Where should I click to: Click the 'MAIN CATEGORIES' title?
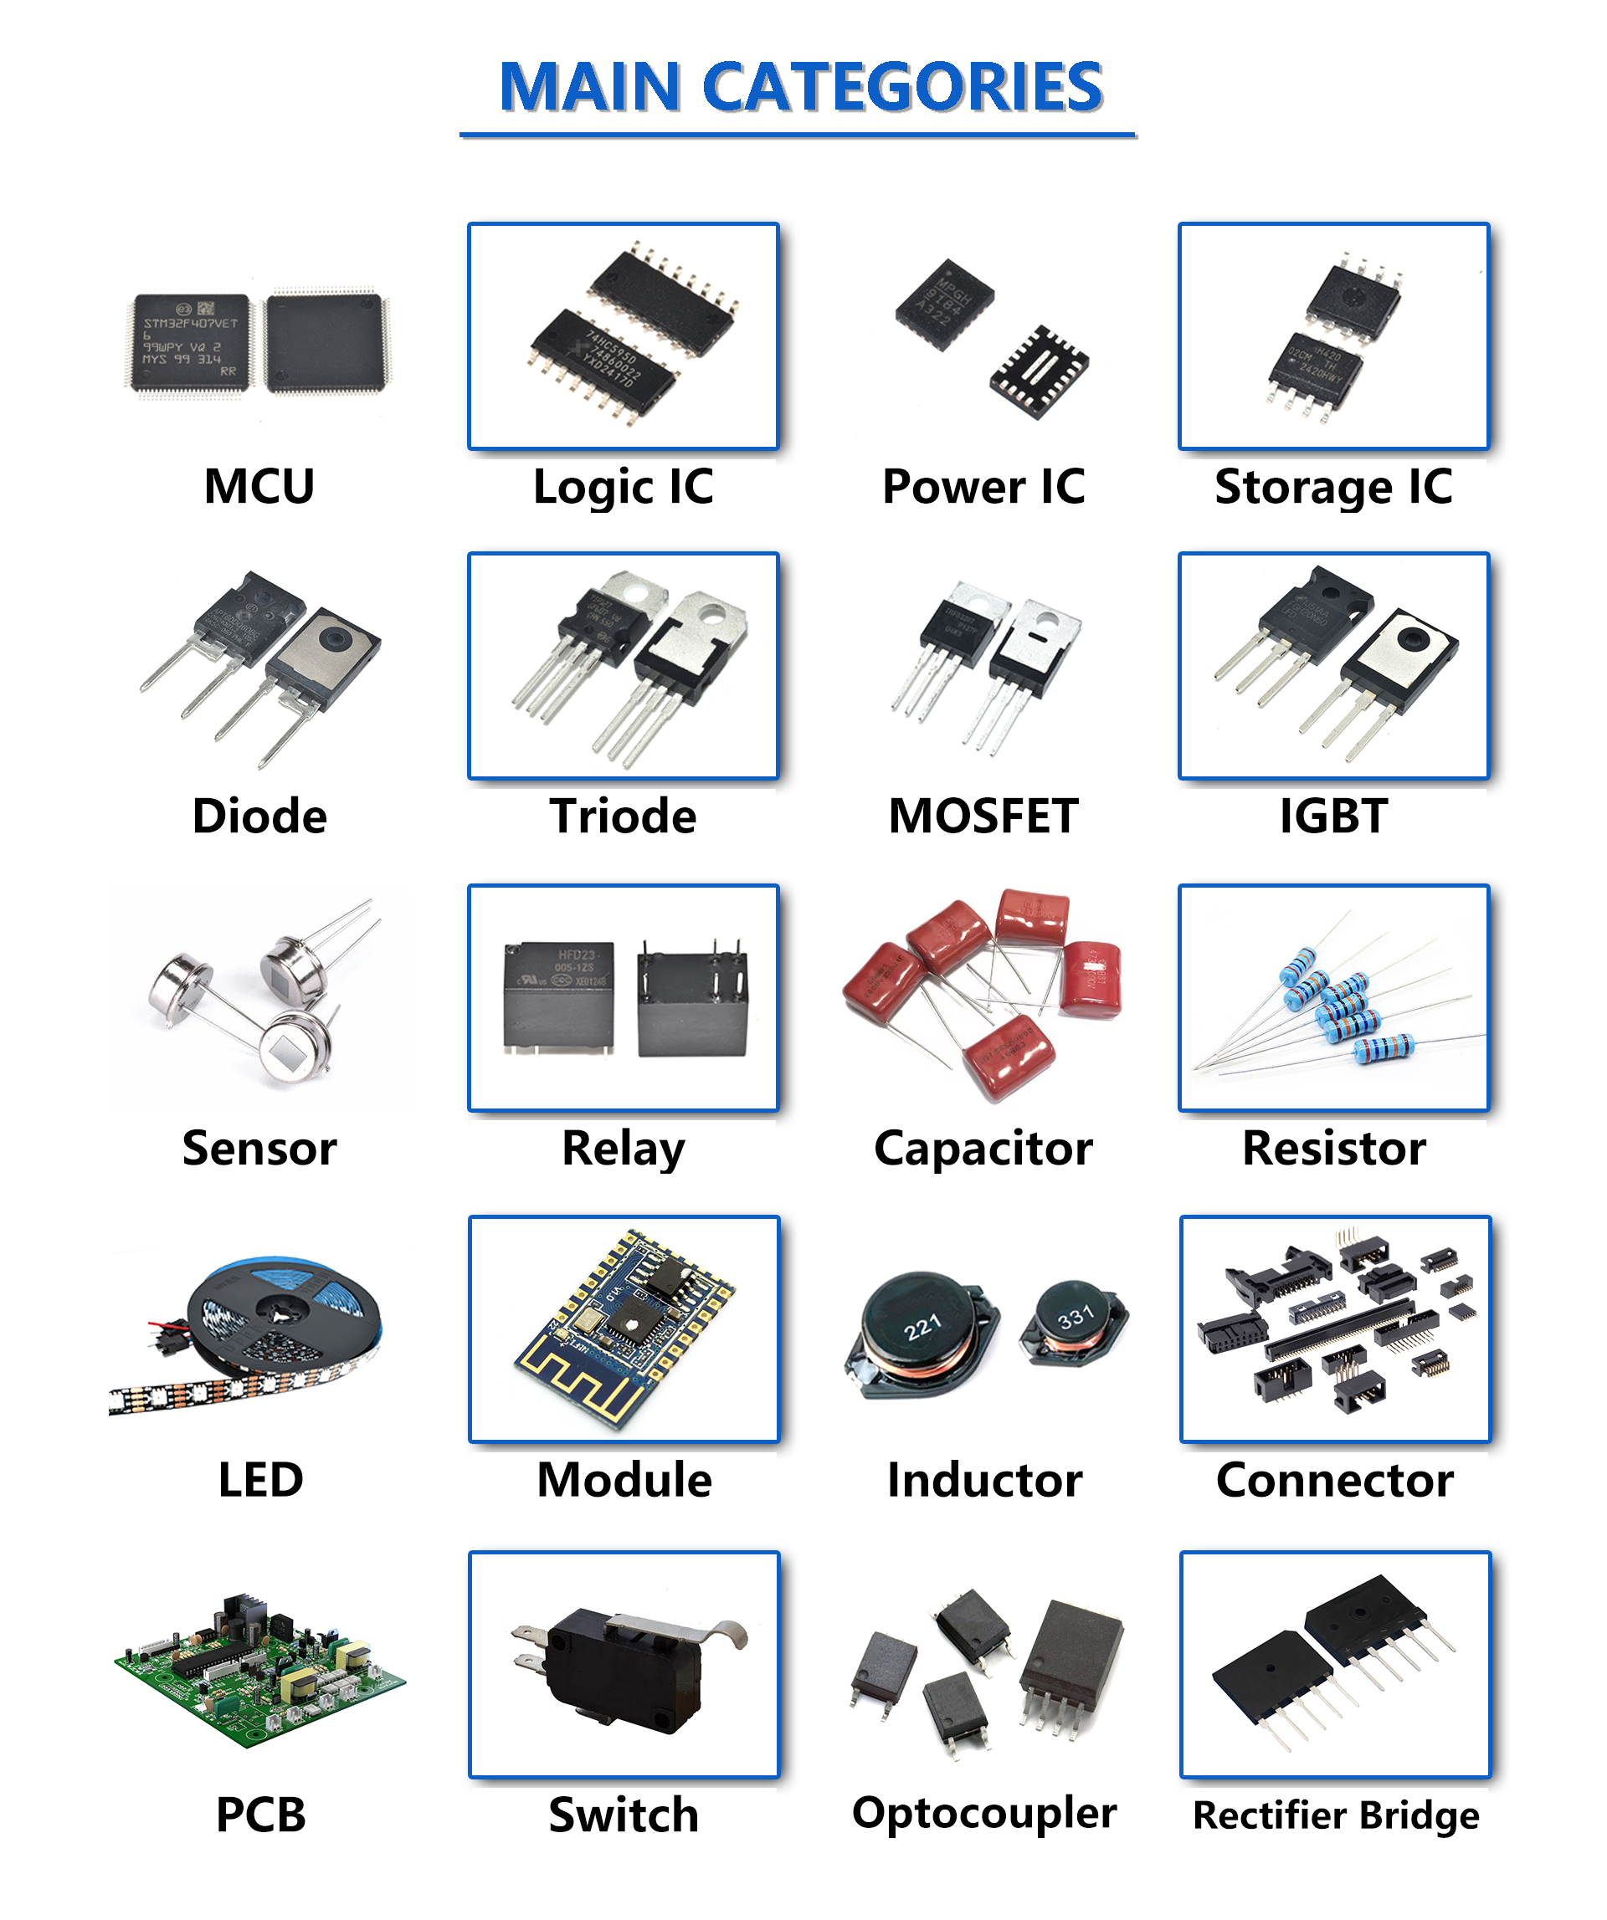coord(800,87)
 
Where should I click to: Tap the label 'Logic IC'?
coord(623,486)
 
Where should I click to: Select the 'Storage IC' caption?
coord(1332,486)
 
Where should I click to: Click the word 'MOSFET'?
coord(983,816)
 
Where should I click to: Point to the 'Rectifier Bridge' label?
coord(1335,1815)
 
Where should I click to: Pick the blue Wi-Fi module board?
coord(622,1326)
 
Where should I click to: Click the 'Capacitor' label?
coord(983,1148)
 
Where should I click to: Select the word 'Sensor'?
coord(259,1148)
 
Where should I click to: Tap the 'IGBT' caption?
coord(1332,816)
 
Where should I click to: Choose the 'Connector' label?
coord(1334,1479)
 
